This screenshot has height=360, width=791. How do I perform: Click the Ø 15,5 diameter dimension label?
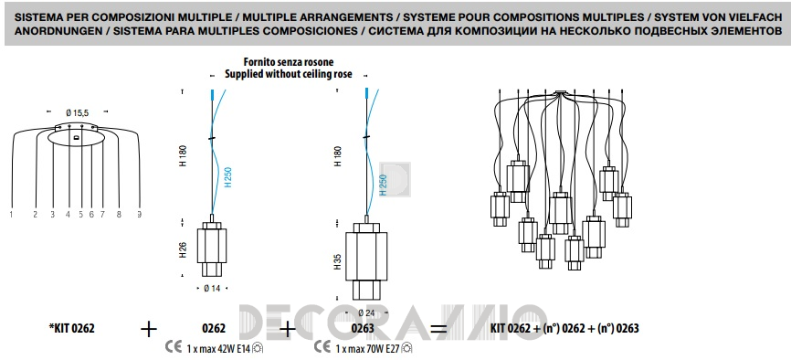pos(77,113)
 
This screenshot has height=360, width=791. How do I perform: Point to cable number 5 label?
pos(80,215)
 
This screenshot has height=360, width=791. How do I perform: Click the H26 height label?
pos(183,250)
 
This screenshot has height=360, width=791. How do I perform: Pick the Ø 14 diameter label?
pos(212,288)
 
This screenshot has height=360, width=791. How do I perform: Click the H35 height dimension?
pos(338,261)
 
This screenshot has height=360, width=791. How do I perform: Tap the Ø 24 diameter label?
pos(366,313)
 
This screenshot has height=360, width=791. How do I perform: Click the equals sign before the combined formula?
pos(438,330)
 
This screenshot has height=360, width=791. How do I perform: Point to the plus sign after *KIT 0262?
pos(149,330)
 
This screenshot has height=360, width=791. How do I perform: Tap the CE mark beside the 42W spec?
pos(174,348)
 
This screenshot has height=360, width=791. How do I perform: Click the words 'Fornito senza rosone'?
pos(289,63)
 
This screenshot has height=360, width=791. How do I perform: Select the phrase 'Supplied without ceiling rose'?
pos(289,74)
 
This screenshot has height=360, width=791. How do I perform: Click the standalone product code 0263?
pos(362,329)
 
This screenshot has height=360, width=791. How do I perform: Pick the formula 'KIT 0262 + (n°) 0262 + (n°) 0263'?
pos(564,329)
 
